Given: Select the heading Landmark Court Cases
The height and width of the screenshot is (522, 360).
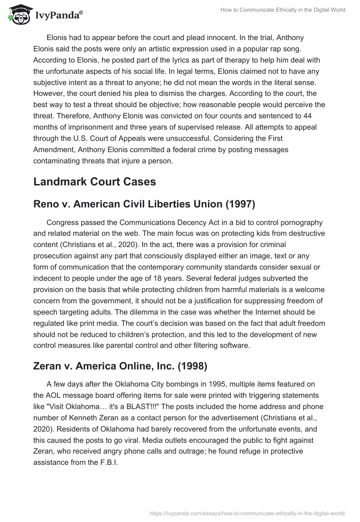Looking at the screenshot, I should pyautogui.click(x=94, y=181).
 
